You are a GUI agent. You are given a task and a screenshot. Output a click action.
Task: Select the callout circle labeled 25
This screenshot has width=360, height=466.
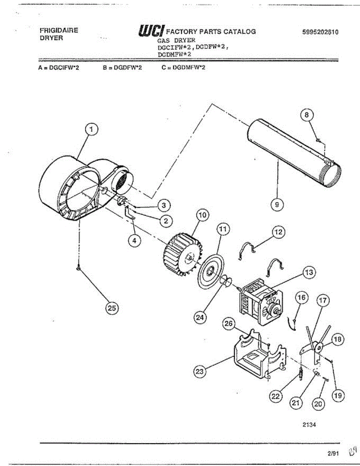click(112, 308)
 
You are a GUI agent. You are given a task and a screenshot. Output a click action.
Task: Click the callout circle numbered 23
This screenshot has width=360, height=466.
click(200, 372)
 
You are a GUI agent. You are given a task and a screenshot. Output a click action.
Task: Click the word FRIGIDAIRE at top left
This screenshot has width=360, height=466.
click(59, 30)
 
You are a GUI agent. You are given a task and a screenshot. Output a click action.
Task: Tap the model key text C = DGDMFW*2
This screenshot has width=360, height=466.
click(183, 68)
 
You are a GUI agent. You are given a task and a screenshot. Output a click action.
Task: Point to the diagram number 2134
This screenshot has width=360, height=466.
click(309, 424)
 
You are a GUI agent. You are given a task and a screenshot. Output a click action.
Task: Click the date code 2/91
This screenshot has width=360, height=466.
click(333, 453)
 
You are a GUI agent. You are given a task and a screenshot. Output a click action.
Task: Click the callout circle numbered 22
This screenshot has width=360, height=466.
click(276, 396)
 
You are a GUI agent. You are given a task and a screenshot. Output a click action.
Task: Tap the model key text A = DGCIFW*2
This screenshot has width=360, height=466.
click(59, 68)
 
